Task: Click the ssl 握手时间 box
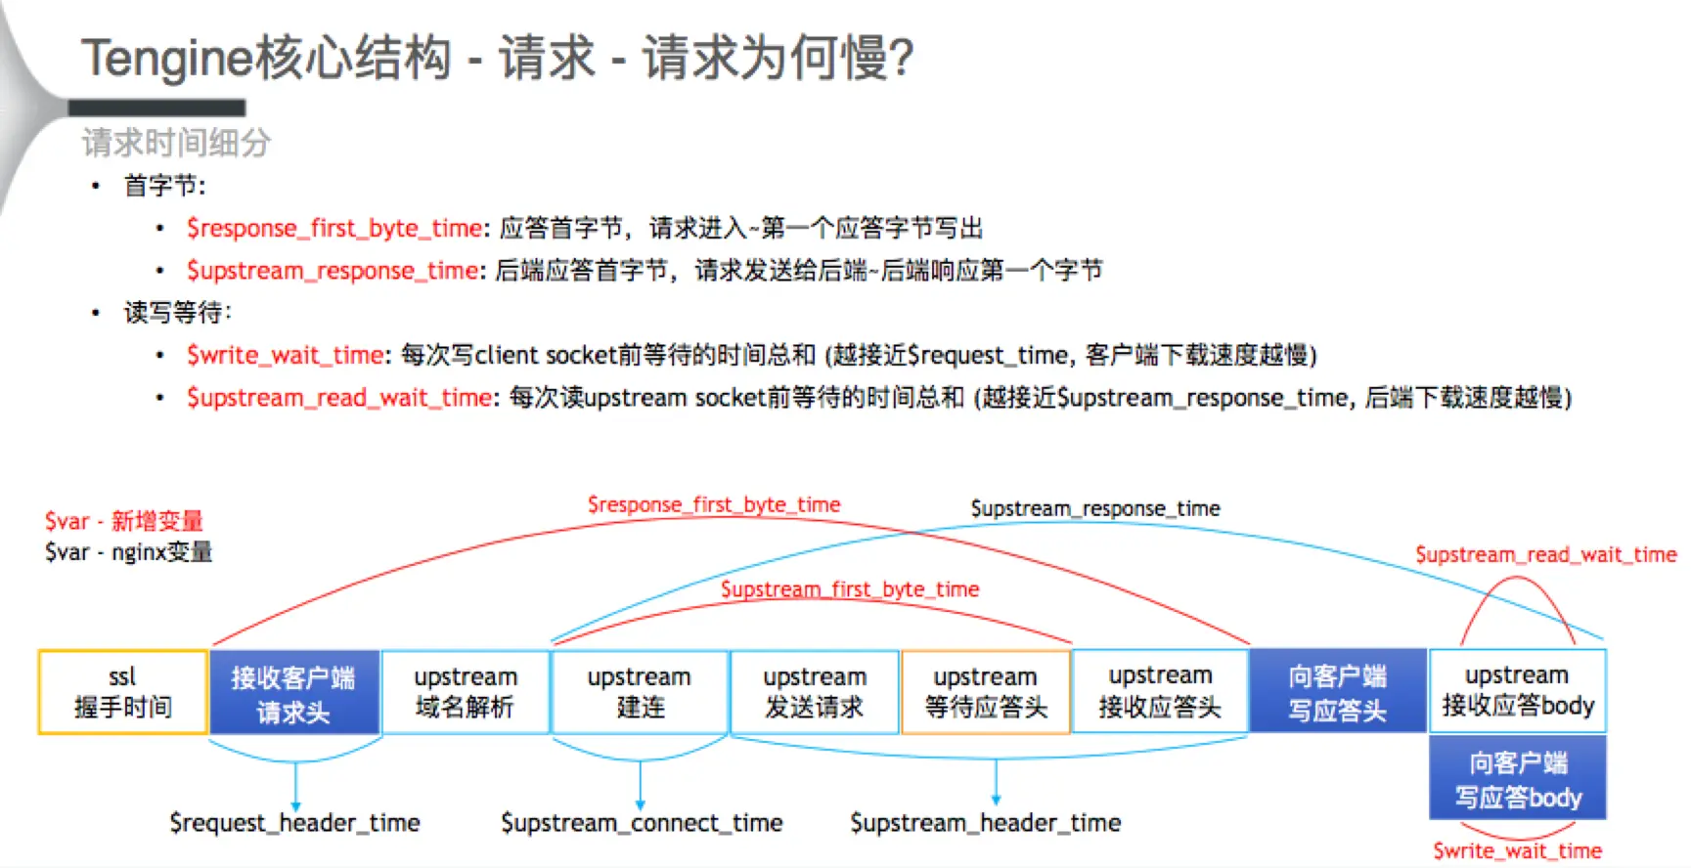(x=122, y=692)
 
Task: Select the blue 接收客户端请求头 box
(x=293, y=692)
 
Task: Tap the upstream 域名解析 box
(x=465, y=692)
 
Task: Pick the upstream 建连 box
(x=640, y=692)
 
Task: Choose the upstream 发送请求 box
(x=814, y=692)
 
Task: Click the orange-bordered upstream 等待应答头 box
(x=985, y=692)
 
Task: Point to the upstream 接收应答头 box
(x=1160, y=692)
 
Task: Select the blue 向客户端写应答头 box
(x=1337, y=692)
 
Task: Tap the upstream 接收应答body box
(x=1517, y=690)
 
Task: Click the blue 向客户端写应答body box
(x=1517, y=778)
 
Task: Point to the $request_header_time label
(x=294, y=823)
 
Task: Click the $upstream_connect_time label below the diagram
(x=642, y=823)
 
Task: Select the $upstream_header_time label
(x=985, y=823)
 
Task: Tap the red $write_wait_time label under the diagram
(x=1517, y=850)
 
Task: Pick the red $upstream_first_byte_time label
(x=849, y=589)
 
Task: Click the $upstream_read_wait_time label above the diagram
(x=1545, y=555)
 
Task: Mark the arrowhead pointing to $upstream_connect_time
(x=641, y=804)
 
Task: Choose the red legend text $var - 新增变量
(x=124, y=521)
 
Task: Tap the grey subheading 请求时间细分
(x=176, y=143)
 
